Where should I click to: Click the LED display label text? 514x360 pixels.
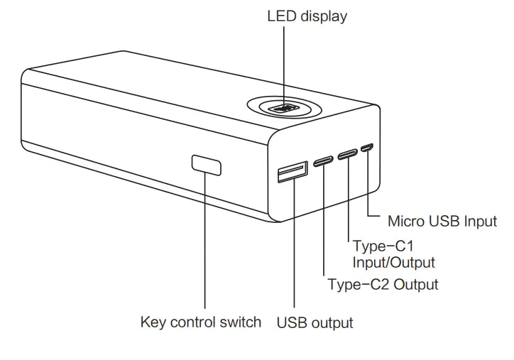[307, 16]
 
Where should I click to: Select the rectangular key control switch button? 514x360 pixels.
[206, 165]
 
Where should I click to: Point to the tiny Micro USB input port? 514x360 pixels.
[367, 148]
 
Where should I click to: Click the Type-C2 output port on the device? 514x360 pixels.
[324, 158]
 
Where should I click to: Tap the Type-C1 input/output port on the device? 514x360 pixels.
[347, 153]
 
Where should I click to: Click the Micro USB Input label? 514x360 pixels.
[442, 221]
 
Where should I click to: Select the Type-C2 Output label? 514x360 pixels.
[383, 285]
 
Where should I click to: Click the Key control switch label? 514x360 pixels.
[201, 322]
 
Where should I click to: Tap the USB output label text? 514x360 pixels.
[315, 322]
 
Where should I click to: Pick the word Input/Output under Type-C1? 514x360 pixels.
[393, 263]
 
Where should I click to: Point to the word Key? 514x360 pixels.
[154, 322]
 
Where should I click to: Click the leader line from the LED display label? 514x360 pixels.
[285, 64]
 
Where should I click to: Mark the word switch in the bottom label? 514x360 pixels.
[240, 322]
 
